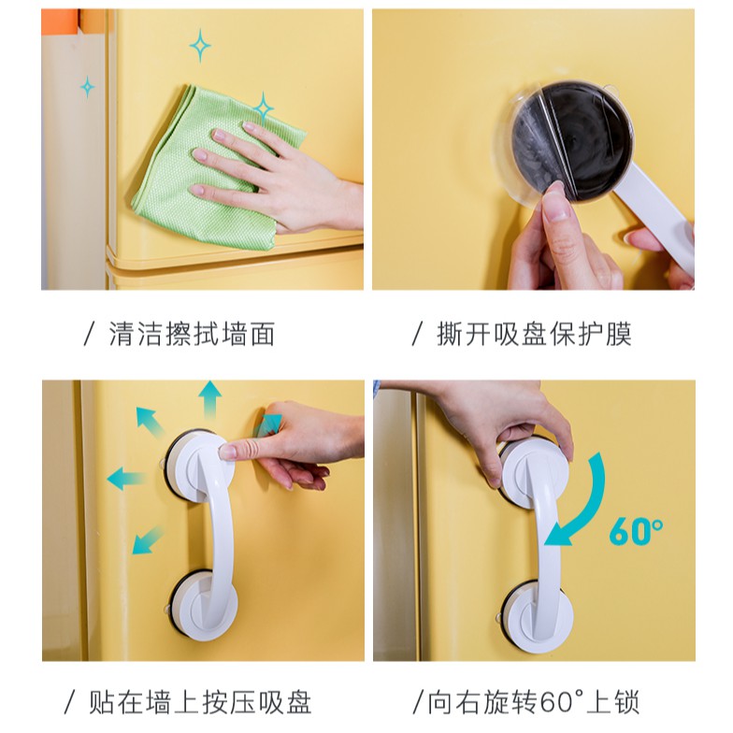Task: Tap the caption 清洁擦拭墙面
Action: [x=192, y=334]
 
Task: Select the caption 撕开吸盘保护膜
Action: [x=534, y=334]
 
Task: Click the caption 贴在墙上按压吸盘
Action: [x=200, y=701]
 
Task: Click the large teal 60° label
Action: [x=636, y=531]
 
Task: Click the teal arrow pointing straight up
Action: [x=209, y=398]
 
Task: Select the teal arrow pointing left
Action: [x=125, y=479]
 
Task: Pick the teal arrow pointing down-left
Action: [x=148, y=540]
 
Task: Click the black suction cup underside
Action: [x=572, y=140]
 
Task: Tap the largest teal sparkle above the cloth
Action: [x=200, y=45]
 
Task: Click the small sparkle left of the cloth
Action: [x=88, y=87]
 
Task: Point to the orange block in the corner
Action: [x=60, y=22]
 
